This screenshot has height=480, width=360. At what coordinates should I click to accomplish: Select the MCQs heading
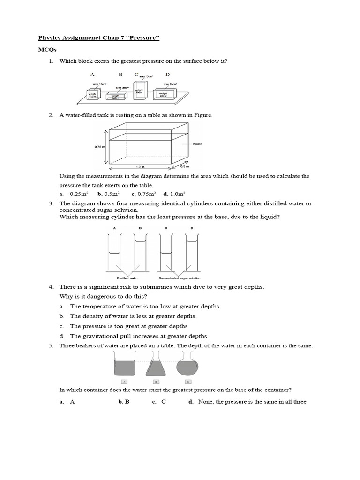(45, 49)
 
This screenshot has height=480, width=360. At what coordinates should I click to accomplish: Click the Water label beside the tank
(197, 144)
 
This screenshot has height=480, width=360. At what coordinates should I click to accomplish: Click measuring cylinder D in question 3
(191, 253)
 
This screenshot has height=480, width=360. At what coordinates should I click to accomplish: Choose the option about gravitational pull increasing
(138, 336)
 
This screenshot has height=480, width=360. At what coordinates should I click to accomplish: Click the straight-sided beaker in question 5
(124, 366)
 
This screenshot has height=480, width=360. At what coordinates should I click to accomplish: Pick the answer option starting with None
(252, 402)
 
